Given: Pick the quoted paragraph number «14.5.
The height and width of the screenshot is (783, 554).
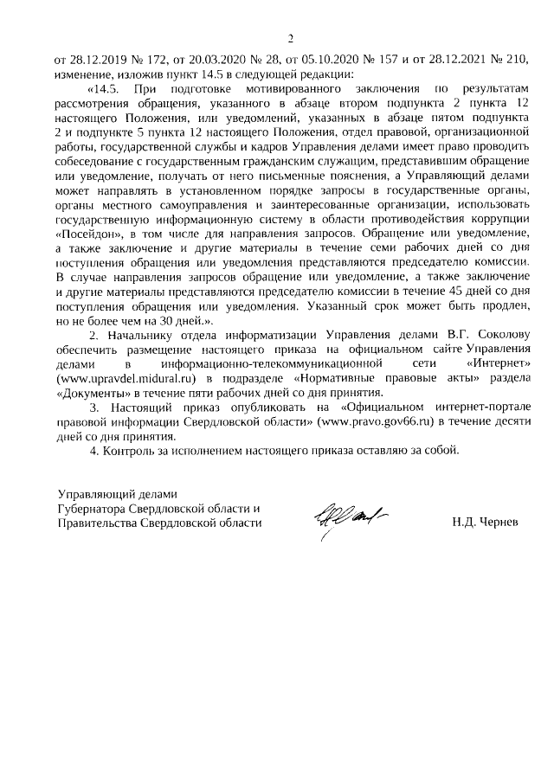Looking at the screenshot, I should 108,88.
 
